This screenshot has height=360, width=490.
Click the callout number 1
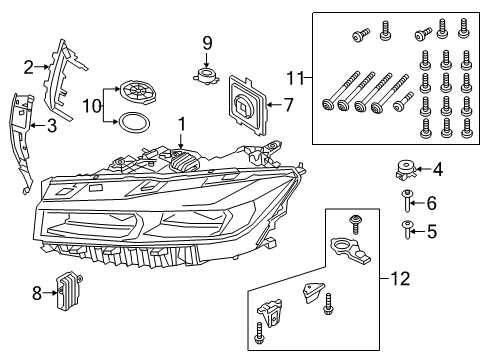(x=181, y=124)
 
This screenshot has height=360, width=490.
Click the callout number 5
(x=432, y=231)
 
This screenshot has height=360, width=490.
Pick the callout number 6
(x=432, y=203)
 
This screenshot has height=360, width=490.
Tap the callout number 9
(x=207, y=43)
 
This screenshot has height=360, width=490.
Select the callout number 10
(x=88, y=105)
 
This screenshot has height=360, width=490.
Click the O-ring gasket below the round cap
(x=131, y=124)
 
